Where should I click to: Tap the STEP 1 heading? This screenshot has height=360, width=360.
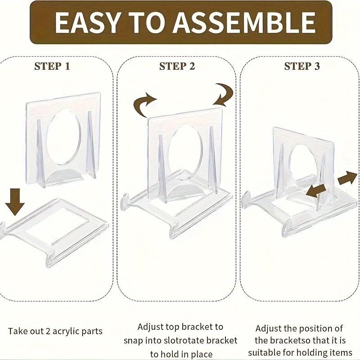[x=52, y=67]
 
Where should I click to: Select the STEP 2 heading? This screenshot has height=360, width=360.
[x=177, y=67]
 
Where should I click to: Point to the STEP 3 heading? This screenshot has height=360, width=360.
[x=302, y=67]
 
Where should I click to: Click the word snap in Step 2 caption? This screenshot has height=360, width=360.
[x=145, y=341]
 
